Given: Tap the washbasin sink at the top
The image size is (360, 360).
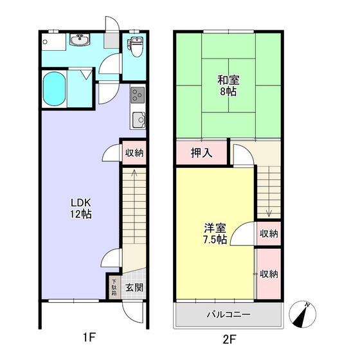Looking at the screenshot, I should [82, 42].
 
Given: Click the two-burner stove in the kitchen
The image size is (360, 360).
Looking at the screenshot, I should [137, 95].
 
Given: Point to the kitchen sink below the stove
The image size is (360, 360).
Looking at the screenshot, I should [137, 119].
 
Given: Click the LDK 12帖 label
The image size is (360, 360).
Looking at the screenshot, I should [82, 208].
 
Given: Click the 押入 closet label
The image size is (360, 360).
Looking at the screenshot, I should [201, 153].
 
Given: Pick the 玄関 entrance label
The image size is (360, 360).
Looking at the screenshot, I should [134, 287].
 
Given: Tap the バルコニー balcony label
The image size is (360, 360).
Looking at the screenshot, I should [228, 315].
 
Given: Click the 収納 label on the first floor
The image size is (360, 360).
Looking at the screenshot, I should [134, 153].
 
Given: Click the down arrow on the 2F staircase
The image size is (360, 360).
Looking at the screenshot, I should [269, 213].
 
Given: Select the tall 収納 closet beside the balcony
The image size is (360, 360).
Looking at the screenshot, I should [269, 274].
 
